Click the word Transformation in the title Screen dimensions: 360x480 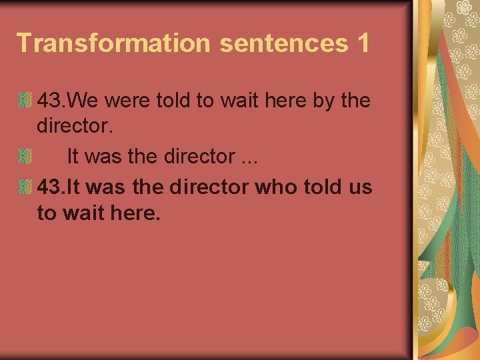pyautogui.click(x=113, y=43)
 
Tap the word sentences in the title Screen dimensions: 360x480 pyautogui.click(x=283, y=43)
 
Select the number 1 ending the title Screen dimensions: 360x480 pyautogui.click(x=363, y=43)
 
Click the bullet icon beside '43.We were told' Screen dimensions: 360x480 pyautogui.click(x=25, y=101)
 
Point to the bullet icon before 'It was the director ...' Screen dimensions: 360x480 pyautogui.click(x=25, y=157)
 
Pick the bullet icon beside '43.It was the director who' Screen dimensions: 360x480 pyautogui.click(x=25, y=187)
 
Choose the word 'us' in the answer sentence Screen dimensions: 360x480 pyautogui.click(x=359, y=187)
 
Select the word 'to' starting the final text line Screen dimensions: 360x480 pyautogui.click(x=47, y=215)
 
